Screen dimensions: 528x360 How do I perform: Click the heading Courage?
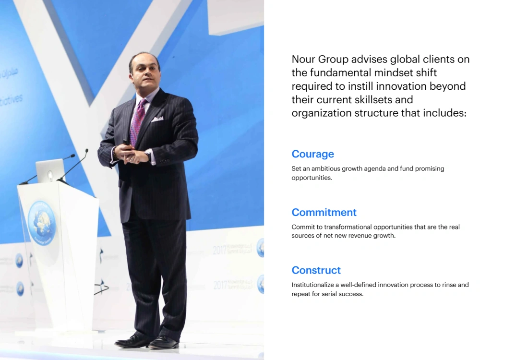tap(312, 154)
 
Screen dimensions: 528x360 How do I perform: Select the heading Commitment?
tap(324, 212)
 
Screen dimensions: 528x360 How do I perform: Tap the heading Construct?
tap(316, 270)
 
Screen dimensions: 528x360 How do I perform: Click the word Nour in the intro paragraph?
tap(303, 59)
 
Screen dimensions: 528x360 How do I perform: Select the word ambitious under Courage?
tap(325, 168)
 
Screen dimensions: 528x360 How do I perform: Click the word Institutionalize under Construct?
tap(312, 285)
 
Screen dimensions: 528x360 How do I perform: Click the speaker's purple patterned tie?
tap(138, 122)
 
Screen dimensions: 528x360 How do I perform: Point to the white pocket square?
tap(157, 119)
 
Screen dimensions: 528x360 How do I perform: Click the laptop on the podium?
tap(50, 171)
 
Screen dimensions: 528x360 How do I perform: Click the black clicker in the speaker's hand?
tap(126, 143)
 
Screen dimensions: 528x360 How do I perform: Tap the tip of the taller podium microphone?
tap(87, 150)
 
